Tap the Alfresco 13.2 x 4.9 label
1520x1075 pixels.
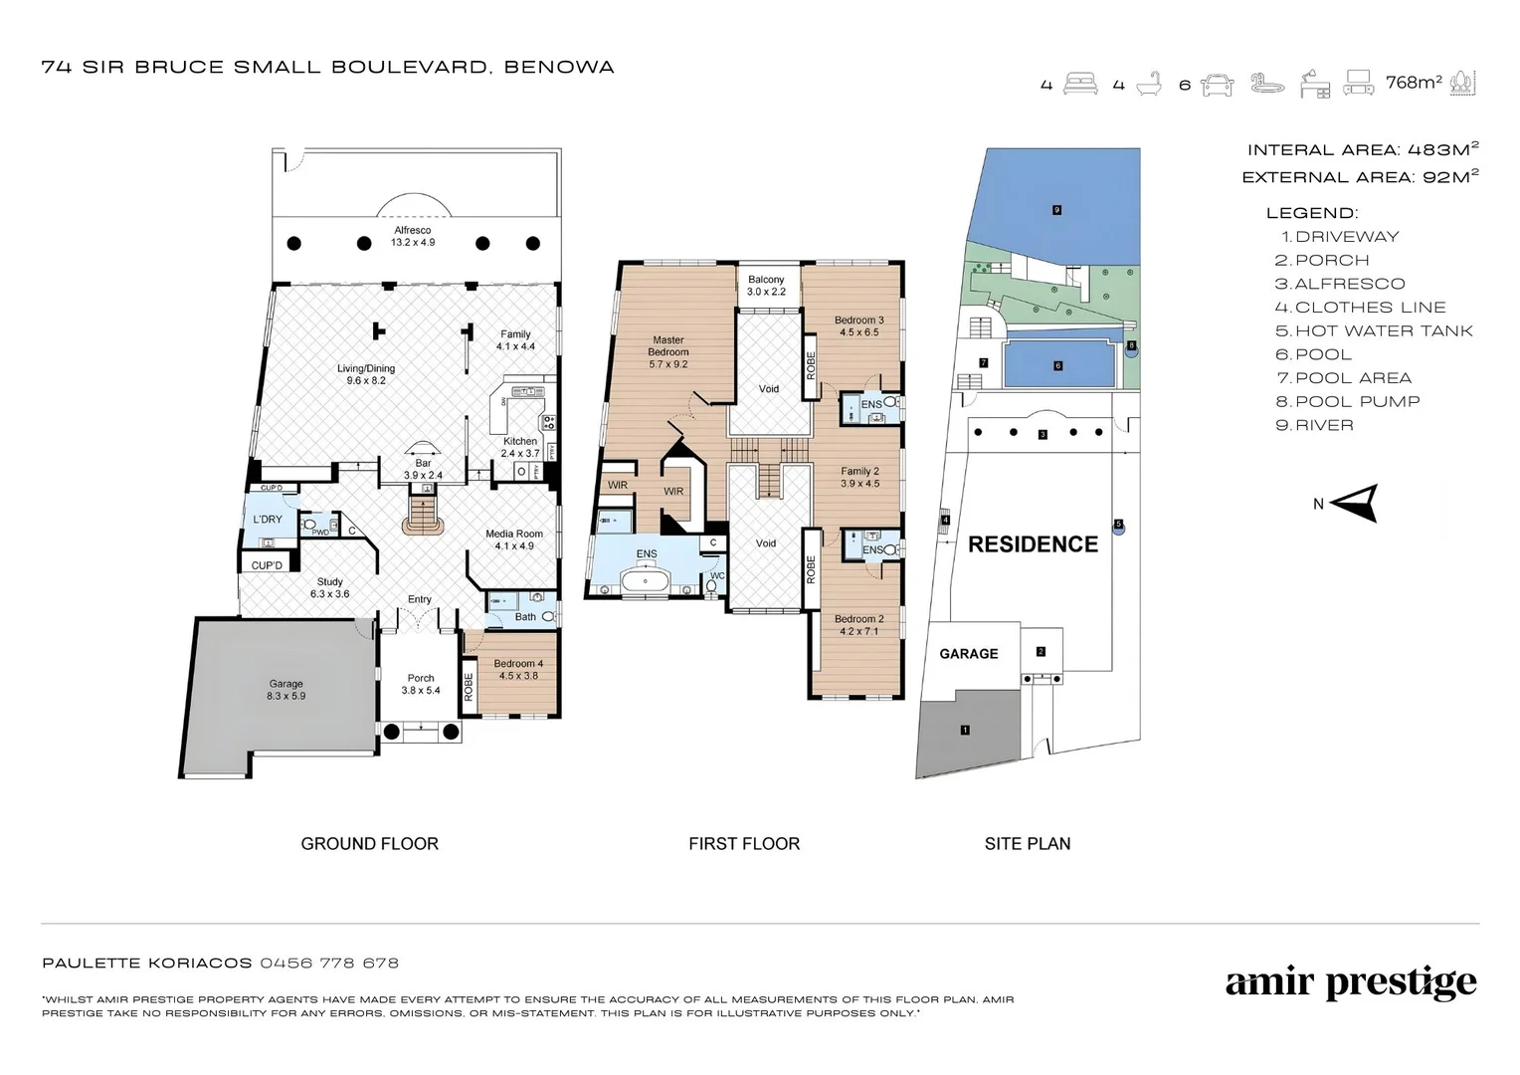pyautogui.click(x=412, y=236)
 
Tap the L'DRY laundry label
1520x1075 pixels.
pyautogui.click(x=268, y=520)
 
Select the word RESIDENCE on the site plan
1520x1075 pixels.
pyautogui.click(x=1033, y=544)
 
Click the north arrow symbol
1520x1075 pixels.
pyautogui.click(x=1355, y=504)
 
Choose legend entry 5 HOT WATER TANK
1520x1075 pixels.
pyautogui.click(x=1373, y=330)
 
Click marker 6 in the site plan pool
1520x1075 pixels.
pyautogui.click(x=1057, y=365)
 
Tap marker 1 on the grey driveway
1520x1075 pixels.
pyautogui.click(x=965, y=730)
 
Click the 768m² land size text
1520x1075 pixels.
pyautogui.click(x=1414, y=83)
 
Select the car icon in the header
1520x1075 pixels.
pyautogui.click(x=1218, y=85)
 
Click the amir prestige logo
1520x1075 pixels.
pyautogui.click(x=1350, y=983)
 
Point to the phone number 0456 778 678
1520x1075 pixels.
pyautogui.click(x=329, y=963)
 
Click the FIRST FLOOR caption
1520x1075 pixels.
pyautogui.click(x=743, y=843)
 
